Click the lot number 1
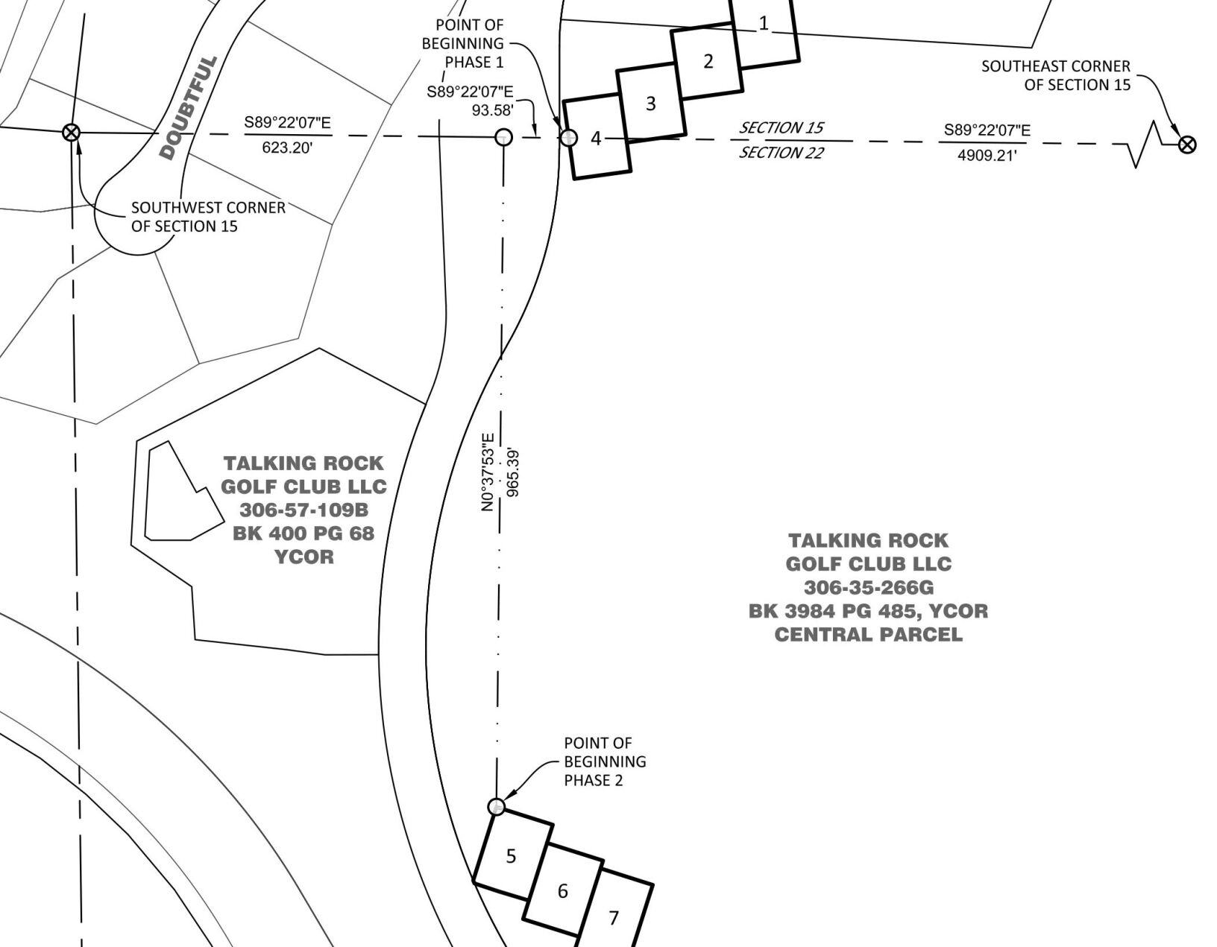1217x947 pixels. [764, 24]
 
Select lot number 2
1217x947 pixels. [708, 61]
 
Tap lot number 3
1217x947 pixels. [650, 103]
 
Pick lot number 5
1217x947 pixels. [511, 856]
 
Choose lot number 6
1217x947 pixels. [563, 891]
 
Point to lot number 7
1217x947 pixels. [614, 918]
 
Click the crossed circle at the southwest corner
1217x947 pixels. [72, 133]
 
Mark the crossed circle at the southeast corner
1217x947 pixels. [1187, 144]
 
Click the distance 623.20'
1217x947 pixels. [287, 148]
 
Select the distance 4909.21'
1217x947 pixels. [987, 156]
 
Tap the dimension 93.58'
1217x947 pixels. [492, 110]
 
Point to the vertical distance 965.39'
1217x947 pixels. [512, 472]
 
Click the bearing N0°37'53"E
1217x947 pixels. [488, 472]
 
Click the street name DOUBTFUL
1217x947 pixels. [188, 107]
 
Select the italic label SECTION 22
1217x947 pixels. [781, 153]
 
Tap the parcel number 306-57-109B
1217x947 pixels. [304, 510]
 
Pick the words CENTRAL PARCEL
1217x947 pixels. [868, 635]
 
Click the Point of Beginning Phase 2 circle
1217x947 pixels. [496, 807]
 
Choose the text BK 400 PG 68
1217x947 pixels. [304, 533]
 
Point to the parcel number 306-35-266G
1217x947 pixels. [868, 587]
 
